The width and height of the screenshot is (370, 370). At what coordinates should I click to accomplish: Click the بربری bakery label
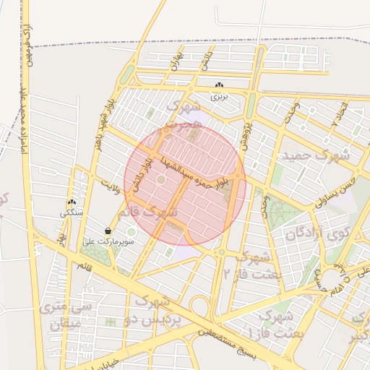[219, 95]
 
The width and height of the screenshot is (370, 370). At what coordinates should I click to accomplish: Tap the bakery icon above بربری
[219, 85]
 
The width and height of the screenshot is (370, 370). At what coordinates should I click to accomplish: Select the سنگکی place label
[72, 214]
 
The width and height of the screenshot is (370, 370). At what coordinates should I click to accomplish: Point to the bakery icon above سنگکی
[72, 203]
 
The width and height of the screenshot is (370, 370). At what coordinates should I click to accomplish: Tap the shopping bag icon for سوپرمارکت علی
[108, 231]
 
